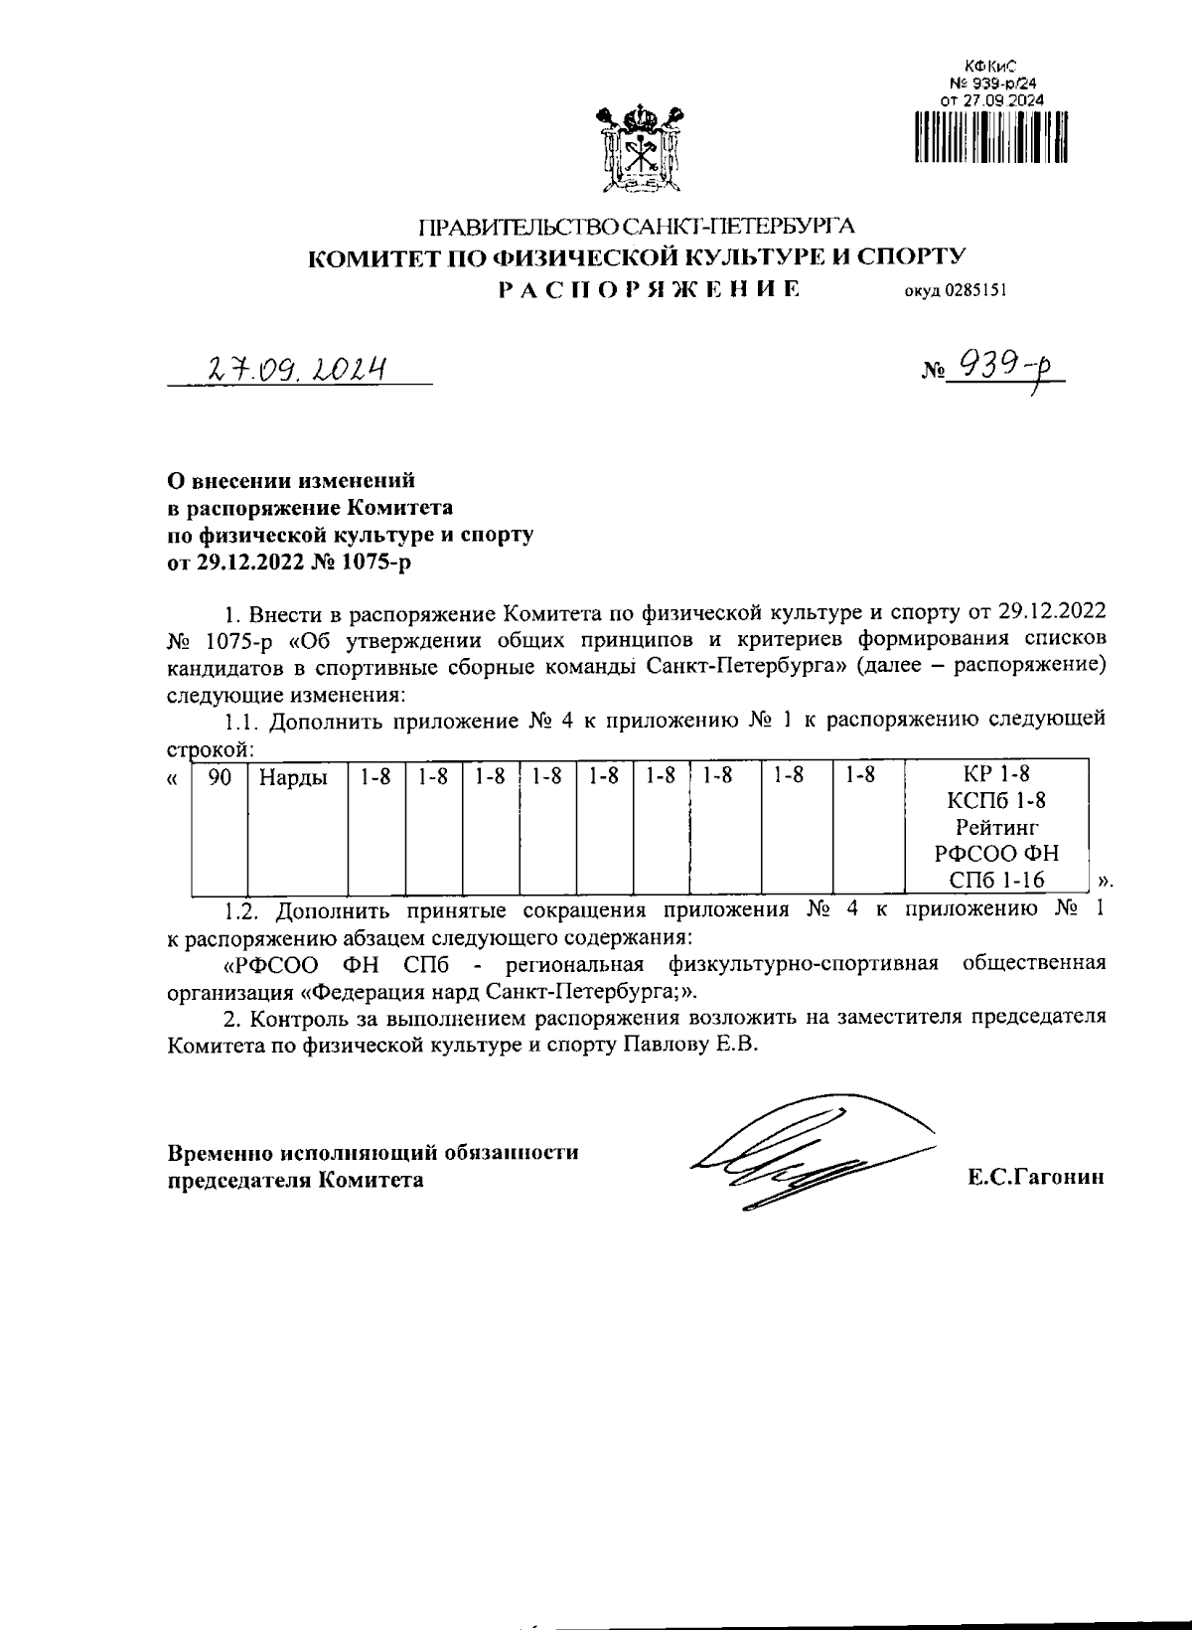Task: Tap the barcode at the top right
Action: (x=991, y=136)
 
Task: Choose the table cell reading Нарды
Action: (x=293, y=777)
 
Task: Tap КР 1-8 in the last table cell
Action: (x=996, y=774)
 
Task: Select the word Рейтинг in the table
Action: (x=996, y=827)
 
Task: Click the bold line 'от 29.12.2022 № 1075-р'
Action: (x=288, y=564)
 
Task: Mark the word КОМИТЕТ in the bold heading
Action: (x=368, y=258)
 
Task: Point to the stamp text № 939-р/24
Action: (x=990, y=83)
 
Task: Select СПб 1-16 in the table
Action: (x=996, y=880)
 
